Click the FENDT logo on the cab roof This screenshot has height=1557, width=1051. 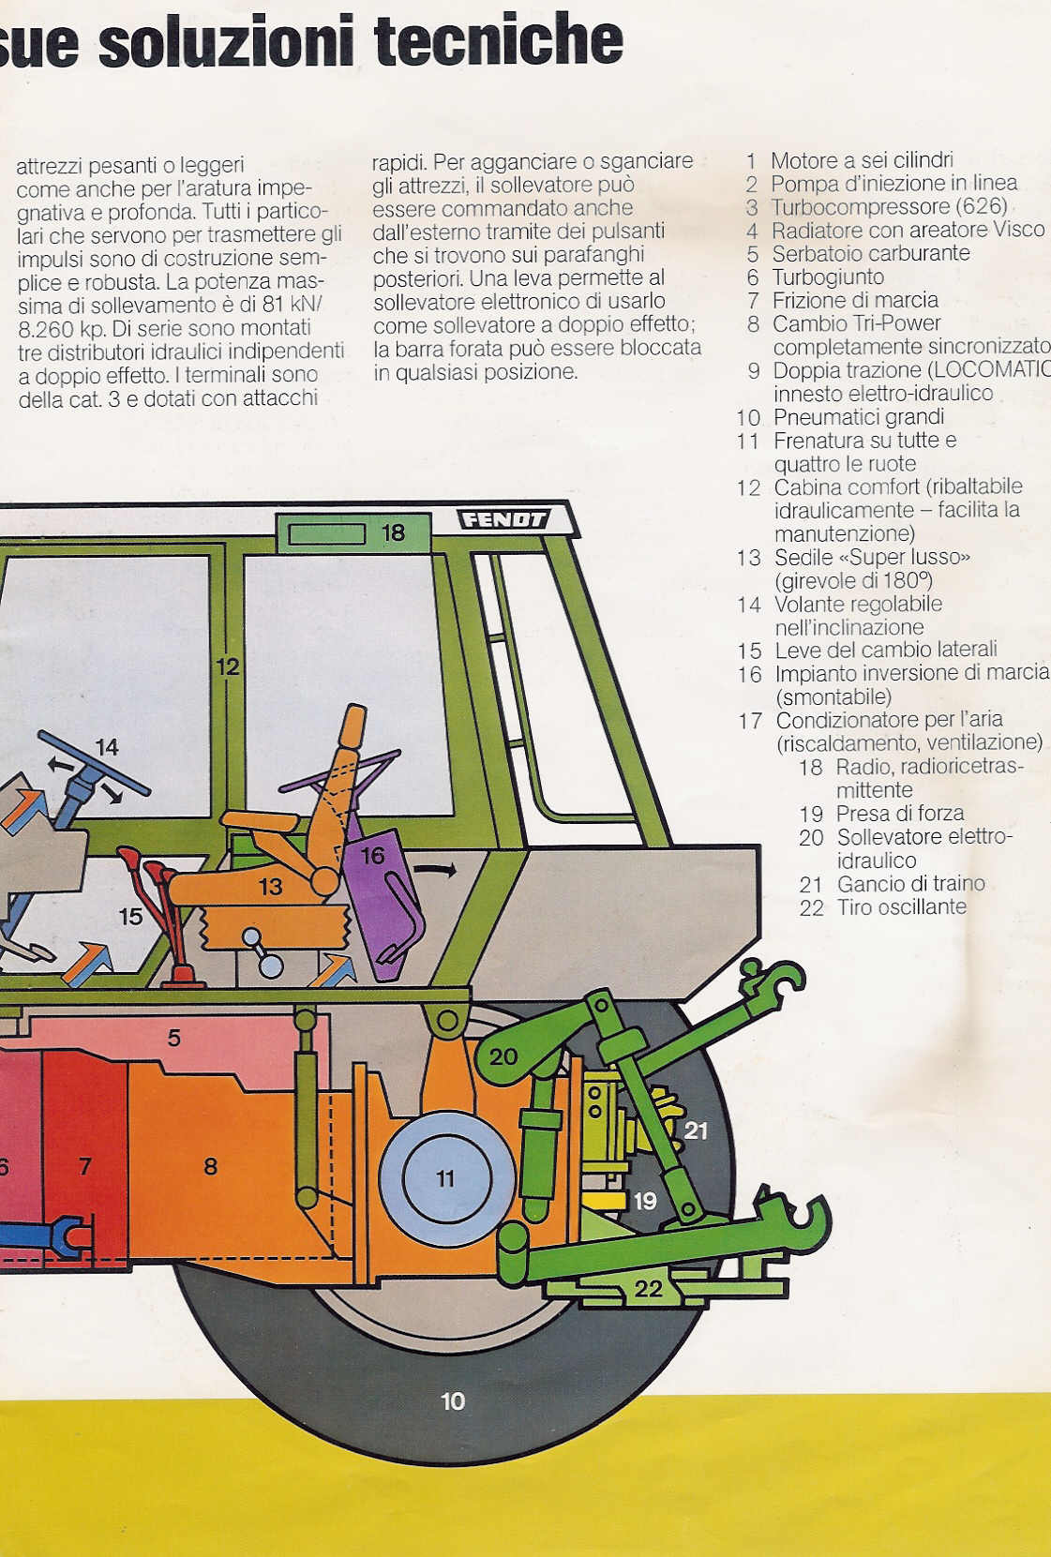coord(503,519)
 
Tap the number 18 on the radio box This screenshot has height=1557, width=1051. coord(393,532)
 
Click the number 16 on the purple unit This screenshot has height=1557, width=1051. coord(372,855)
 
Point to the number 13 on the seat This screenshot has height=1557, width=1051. coord(270,887)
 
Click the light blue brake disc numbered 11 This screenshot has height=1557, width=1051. coord(446,1178)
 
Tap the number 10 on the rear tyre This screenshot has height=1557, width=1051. coord(453,1401)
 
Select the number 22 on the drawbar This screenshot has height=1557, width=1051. coord(648,1289)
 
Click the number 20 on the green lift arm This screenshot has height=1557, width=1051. coord(503,1057)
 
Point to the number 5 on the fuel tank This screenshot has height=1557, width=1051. coord(173,1038)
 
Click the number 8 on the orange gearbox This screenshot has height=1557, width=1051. coord(211,1166)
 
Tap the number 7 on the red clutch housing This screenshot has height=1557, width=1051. coord(84,1166)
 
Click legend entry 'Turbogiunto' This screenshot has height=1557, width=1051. coord(828,277)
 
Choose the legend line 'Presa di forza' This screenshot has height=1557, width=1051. coord(900,813)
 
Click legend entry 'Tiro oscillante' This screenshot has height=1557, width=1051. coord(902,906)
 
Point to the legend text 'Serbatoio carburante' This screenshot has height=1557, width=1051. coord(871,253)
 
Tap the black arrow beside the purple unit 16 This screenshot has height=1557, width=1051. coord(435,870)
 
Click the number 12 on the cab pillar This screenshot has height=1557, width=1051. coord(227,666)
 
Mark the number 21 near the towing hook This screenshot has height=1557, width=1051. coord(696,1130)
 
